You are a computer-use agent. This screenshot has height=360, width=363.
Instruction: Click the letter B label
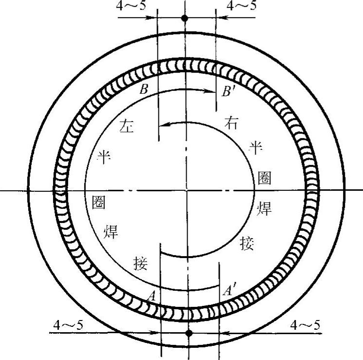click(x=144, y=89)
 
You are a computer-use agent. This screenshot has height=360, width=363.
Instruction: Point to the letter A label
click(x=152, y=296)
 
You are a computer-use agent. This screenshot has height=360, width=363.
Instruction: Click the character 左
click(x=127, y=125)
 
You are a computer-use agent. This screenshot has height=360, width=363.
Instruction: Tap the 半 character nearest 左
click(x=104, y=157)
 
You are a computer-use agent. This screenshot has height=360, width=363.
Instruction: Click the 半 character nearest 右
click(x=256, y=147)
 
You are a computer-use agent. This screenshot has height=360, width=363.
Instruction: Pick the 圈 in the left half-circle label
click(x=99, y=202)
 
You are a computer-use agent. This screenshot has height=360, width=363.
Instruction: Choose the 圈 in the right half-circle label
click(x=265, y=178)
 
